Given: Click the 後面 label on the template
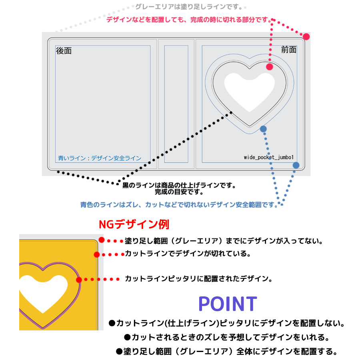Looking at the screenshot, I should [x=64, y=51].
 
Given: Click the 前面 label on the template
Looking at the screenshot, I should [x=289, y=50].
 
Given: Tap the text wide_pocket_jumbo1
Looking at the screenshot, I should [x=269, y=157].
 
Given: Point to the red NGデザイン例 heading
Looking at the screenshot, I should [x=134, y=224].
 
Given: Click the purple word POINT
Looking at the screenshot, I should [x=227, y=304].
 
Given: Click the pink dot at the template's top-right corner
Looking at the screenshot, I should [x=306, y=36].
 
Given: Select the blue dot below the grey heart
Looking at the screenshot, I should [x=263, y=128].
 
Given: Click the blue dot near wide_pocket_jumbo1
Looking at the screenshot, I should [x=296, y=165].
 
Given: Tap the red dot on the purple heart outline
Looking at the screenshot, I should [x=79, y=280].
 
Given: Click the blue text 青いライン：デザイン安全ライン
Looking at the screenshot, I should [x=100, y=158].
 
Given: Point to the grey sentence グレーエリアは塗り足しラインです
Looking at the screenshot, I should [x=188, y=7].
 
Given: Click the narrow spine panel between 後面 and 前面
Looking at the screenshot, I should [x=176, y=104].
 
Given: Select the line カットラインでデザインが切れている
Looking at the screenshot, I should [x=188, y=254].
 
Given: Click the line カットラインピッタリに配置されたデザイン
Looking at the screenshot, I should [x=198, y=279].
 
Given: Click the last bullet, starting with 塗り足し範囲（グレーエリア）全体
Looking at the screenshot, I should [x=226, y=352].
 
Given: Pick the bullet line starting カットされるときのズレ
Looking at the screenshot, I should [x=226, y=337].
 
